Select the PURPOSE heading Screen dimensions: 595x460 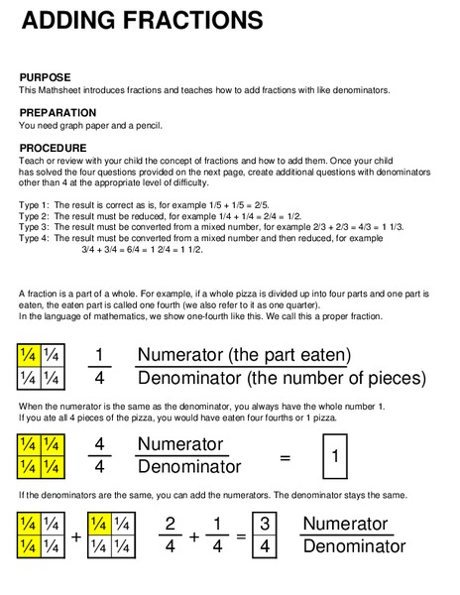point(46,76)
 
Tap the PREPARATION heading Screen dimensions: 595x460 point(57,113)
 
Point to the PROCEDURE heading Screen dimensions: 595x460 point(54,149)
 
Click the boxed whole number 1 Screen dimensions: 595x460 point(336,457)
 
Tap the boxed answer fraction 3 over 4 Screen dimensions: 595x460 point(265,535)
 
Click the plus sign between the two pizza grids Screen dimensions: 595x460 point(76,536)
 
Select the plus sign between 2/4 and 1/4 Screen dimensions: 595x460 point(194,536)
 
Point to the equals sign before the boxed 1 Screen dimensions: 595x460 point(285,457)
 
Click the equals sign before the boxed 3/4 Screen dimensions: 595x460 point(241,536)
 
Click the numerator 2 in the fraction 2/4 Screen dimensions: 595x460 point(170,524)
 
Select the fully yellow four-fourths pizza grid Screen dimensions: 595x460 point(40,455)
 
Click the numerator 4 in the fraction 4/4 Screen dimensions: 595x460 point(99,444)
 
